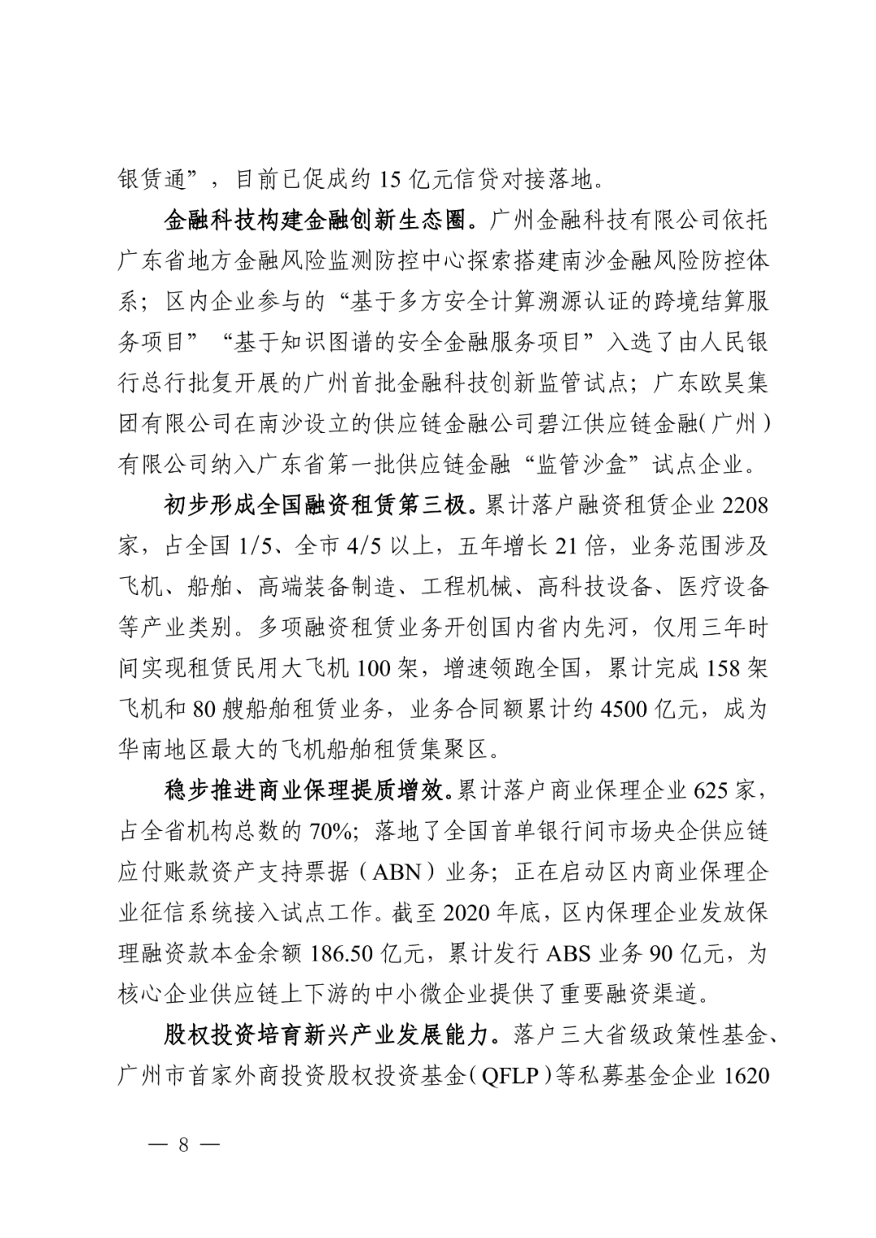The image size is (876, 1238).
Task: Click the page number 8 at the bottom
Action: [x=182, y=1145]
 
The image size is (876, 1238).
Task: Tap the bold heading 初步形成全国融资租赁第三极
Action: [x=316, y=506]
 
